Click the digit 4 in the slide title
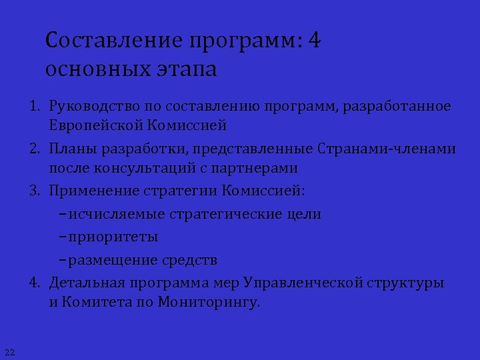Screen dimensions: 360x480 click(x=315, y=41)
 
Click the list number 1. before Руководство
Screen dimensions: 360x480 click(x=34, y=106)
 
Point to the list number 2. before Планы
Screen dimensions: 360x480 click(x=34, y=149)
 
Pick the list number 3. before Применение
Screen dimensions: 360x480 click(x=34, y=191)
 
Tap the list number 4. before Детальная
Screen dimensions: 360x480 click(x=34, y=282)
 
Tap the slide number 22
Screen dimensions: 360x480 click(x=9, y=351)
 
